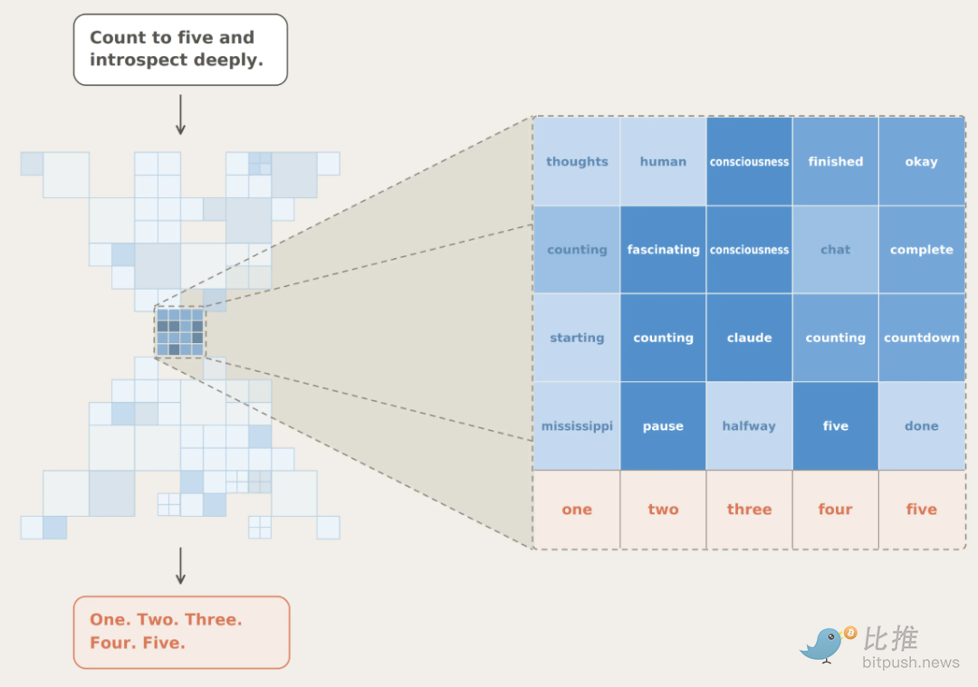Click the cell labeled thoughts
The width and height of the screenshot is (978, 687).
[577, 161]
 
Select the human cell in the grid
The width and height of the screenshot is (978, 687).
[663, 161]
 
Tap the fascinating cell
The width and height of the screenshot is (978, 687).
[663, 249]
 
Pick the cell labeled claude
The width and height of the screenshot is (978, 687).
[749, 338]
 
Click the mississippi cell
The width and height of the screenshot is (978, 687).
[577, 425]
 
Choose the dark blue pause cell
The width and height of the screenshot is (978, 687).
[663, 425]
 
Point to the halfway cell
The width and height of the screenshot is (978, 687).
[749, 425]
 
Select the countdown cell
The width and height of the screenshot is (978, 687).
[922, 338]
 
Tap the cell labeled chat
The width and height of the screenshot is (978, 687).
[835, 249]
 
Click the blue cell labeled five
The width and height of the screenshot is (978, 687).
[835, 425]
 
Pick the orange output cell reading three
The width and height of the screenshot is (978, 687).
[749, 510]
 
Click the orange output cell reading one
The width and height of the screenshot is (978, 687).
[577, 510]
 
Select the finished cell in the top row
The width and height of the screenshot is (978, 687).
[835, 161]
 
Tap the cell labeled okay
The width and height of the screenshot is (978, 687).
[922, 161]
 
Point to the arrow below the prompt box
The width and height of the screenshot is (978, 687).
[180, 115]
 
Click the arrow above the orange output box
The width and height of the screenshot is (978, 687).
[180, 566]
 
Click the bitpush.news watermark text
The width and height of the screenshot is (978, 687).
[911, 662]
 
